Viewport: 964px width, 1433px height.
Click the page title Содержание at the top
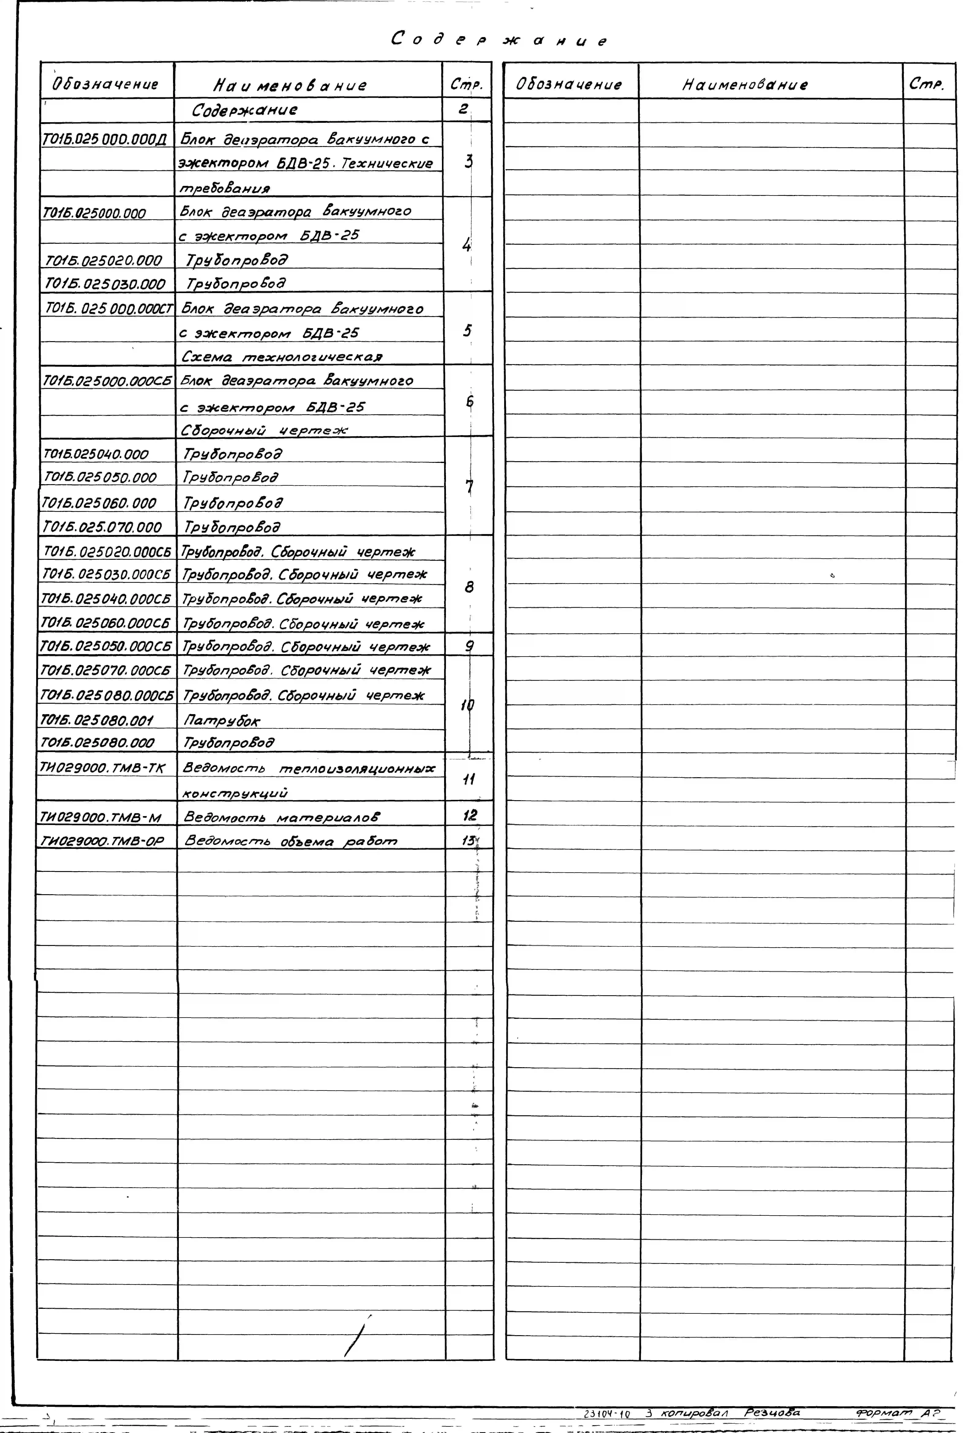click(499, 41)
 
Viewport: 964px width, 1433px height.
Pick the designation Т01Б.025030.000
click(105, 284)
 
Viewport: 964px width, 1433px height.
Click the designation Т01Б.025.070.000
click(102, 527)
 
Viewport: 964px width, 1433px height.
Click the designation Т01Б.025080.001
click(96, 720)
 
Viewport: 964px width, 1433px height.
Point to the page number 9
click(469, 646)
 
